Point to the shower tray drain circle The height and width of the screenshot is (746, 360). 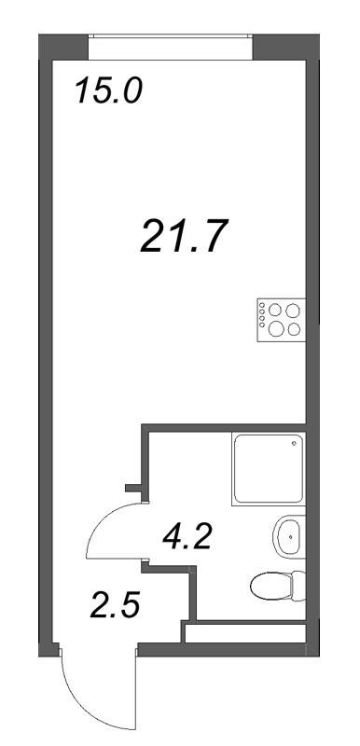pyautogui.click(x=295, y=445)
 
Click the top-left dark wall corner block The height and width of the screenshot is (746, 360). pyautogui.click(x=63, y=46)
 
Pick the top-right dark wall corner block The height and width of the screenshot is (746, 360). pyautogui.click(x=283, y=46)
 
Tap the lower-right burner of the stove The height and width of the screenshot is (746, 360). pyautogui.click(x=294, y=328)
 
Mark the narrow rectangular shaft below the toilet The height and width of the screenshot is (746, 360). pyautogui.click(x=244, y=633)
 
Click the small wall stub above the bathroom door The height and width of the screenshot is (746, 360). pyautogui.click(x=133, y=486)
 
